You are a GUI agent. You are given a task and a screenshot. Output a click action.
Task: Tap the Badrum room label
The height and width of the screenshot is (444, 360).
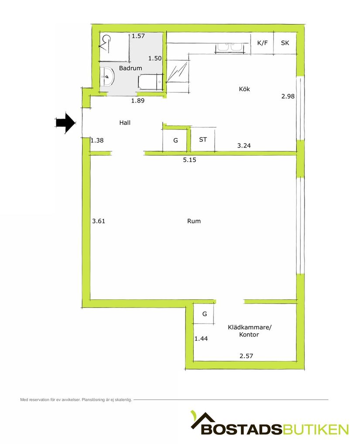coord(130,68)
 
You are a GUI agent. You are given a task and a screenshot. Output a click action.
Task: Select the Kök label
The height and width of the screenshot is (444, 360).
coord(244,89)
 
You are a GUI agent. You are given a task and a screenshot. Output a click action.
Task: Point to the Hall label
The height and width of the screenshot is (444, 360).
coord(125,123)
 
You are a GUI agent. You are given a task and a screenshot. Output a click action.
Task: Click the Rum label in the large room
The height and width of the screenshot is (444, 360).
coord(194,221)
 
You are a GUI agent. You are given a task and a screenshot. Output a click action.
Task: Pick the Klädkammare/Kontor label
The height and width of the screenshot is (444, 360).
coord(250,331)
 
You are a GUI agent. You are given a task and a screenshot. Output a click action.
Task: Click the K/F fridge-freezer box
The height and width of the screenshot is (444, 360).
coord(262,43)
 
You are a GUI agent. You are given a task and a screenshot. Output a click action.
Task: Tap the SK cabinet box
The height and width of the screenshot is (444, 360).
coord(285,43)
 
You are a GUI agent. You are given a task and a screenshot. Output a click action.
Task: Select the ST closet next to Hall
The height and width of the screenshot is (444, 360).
coord(203,139)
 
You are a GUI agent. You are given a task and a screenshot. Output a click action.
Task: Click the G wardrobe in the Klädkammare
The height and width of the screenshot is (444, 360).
coord(204,314)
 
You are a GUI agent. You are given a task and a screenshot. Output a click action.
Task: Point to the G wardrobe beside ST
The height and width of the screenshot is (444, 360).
coord(175,140)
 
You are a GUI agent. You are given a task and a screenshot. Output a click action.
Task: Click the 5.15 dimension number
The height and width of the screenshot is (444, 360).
coord(189,160)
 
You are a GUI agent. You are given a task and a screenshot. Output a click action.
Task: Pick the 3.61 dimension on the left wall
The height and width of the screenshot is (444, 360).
coord(99,221)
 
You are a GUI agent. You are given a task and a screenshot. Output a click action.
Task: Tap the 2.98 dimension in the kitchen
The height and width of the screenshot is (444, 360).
coord(288,96)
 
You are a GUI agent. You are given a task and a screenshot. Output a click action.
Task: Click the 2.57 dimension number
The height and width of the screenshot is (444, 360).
coord(246,356)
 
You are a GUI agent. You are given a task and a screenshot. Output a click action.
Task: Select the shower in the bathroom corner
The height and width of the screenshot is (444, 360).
coord(115,47)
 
